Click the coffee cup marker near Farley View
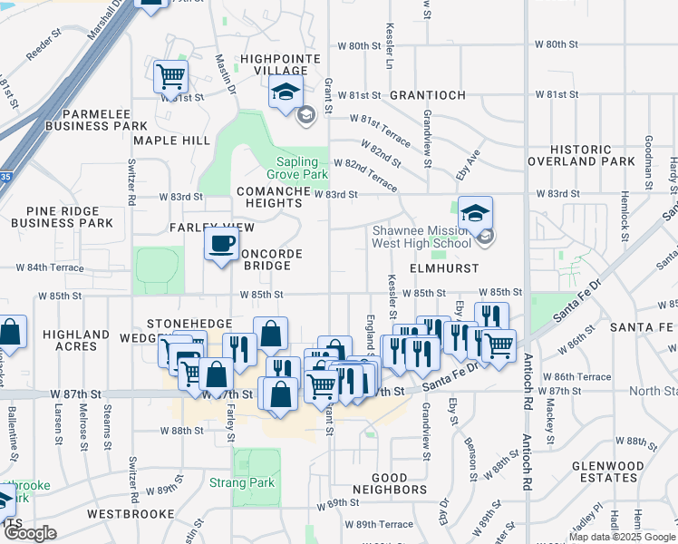[x=222, y=243]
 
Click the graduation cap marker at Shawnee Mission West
[x=475, y=214]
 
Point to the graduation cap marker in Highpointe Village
[x=285, y=92]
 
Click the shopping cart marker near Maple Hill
[x=170, y=77]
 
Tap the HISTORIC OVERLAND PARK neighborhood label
[x=593, y=155]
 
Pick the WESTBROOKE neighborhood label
[x=131, y=513]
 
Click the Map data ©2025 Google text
[x=621, y=537]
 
